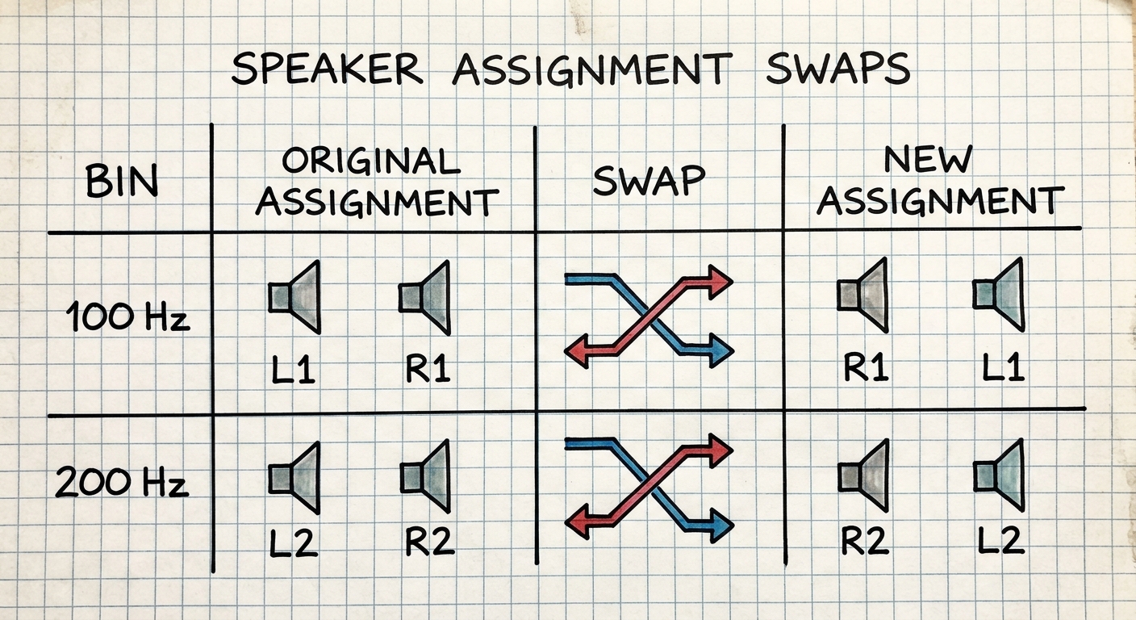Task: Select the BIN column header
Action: pyautogui.click(x=122, y=181)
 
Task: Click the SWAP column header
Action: pyautogui.click(x=649, y=180)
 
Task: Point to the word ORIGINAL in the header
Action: pyautogui.click(x=370, y=161)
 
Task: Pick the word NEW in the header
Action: pyautogui.click(x=928, y=159)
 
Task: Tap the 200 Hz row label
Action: pyautogui.click(x=122, y=482)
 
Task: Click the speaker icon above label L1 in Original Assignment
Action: pyautogui.click(x=294, y=297)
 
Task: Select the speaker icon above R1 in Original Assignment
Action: pyautogui.click(x=425, y=297)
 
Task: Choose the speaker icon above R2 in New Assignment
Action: pyautogui.click(x=863, y=476)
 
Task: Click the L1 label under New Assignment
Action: pyautogui.click(x=1003, y=367)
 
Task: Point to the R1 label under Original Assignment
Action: pyautogui.click(x=428, y=369)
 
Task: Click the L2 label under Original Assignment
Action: pyautogui.click(x=293, y=542)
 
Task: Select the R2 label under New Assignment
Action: pyautogui.click(x=865, y=540)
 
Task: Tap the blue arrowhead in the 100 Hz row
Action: pyautogui.click(x=721, y=350)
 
